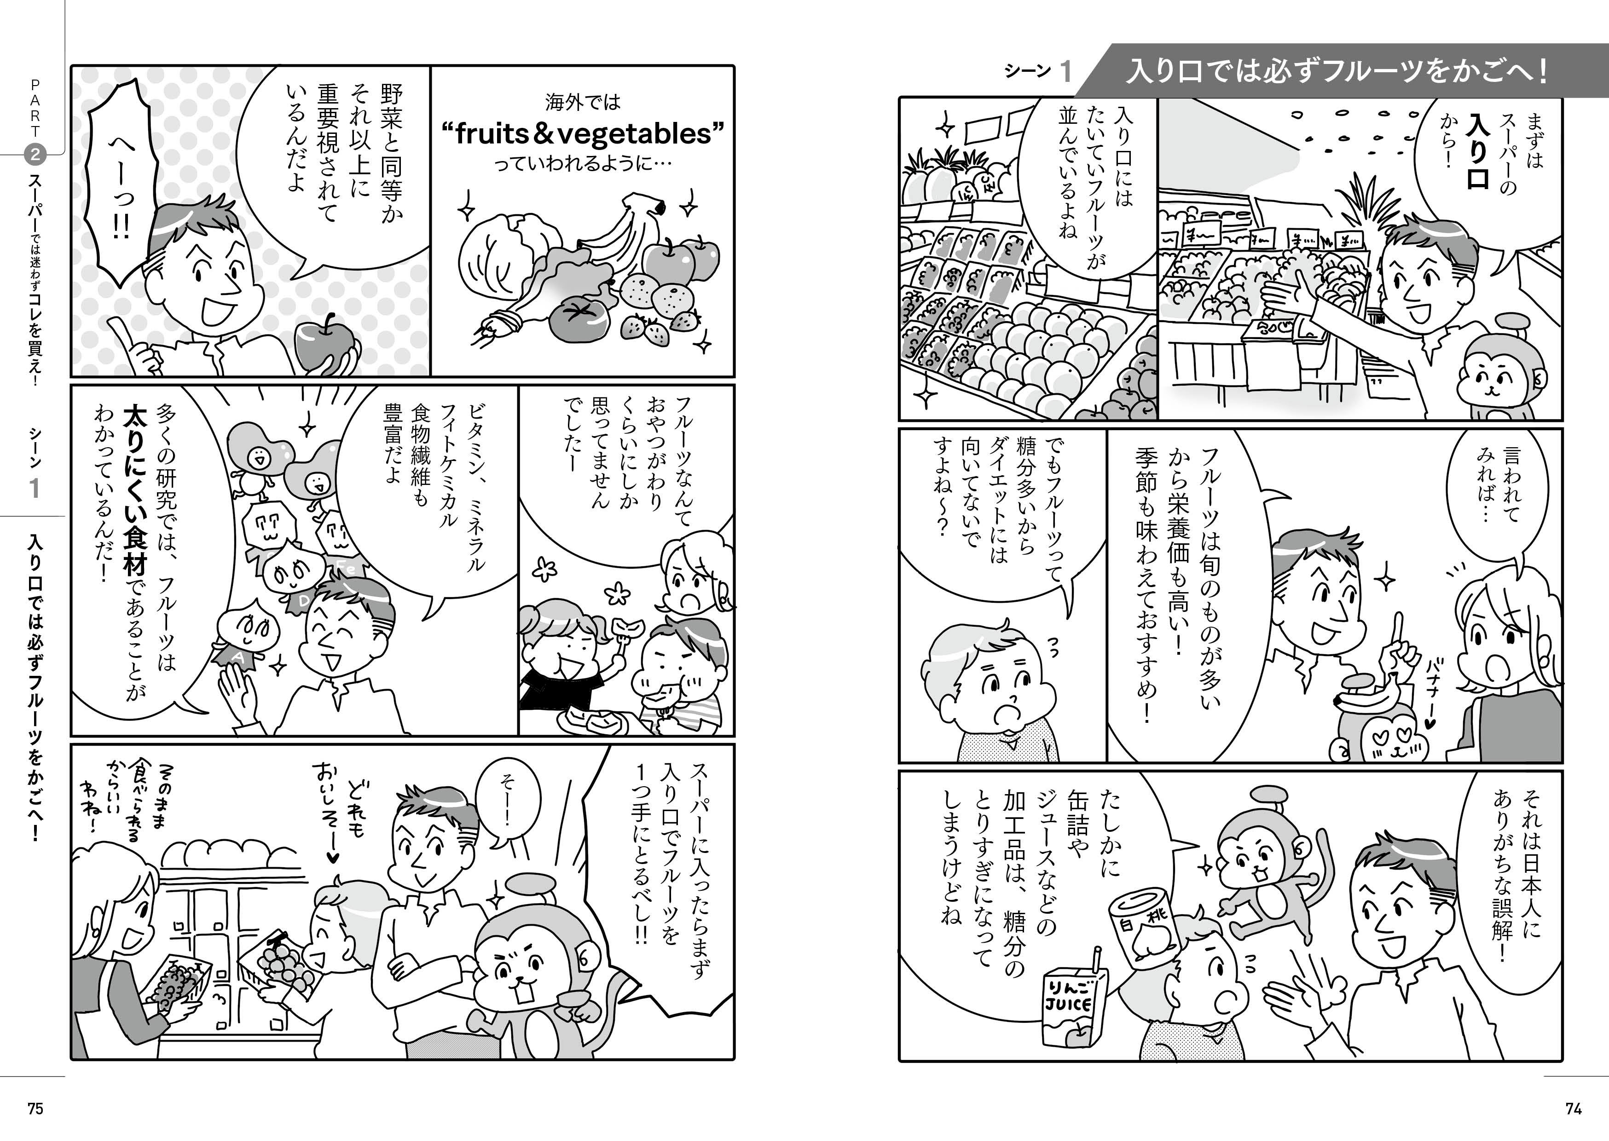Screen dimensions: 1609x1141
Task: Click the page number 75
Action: click(x=35, y=1109)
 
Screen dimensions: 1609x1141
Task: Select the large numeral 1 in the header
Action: click(x=1065, y=72)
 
